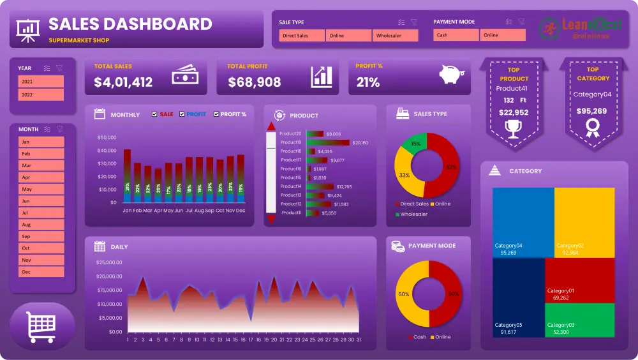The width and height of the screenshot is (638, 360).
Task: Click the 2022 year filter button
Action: pos(41,94)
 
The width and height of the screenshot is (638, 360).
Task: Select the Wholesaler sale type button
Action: pos(396,36)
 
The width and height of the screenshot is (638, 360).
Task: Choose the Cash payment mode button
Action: pos(456,35)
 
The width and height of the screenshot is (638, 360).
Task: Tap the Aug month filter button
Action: pos(41,225)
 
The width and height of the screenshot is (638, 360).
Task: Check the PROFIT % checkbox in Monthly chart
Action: pos(217,114)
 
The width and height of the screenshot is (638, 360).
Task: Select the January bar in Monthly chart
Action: pos(127,176)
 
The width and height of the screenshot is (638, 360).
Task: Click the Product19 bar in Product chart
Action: pos(328,142)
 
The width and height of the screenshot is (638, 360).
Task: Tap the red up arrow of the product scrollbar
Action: pos(271,126)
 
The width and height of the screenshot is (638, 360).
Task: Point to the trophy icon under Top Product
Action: pos(513,129)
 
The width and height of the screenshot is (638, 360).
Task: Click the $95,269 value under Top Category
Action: pos(592,110)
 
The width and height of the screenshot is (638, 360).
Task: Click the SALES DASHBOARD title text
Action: pos(130,24)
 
